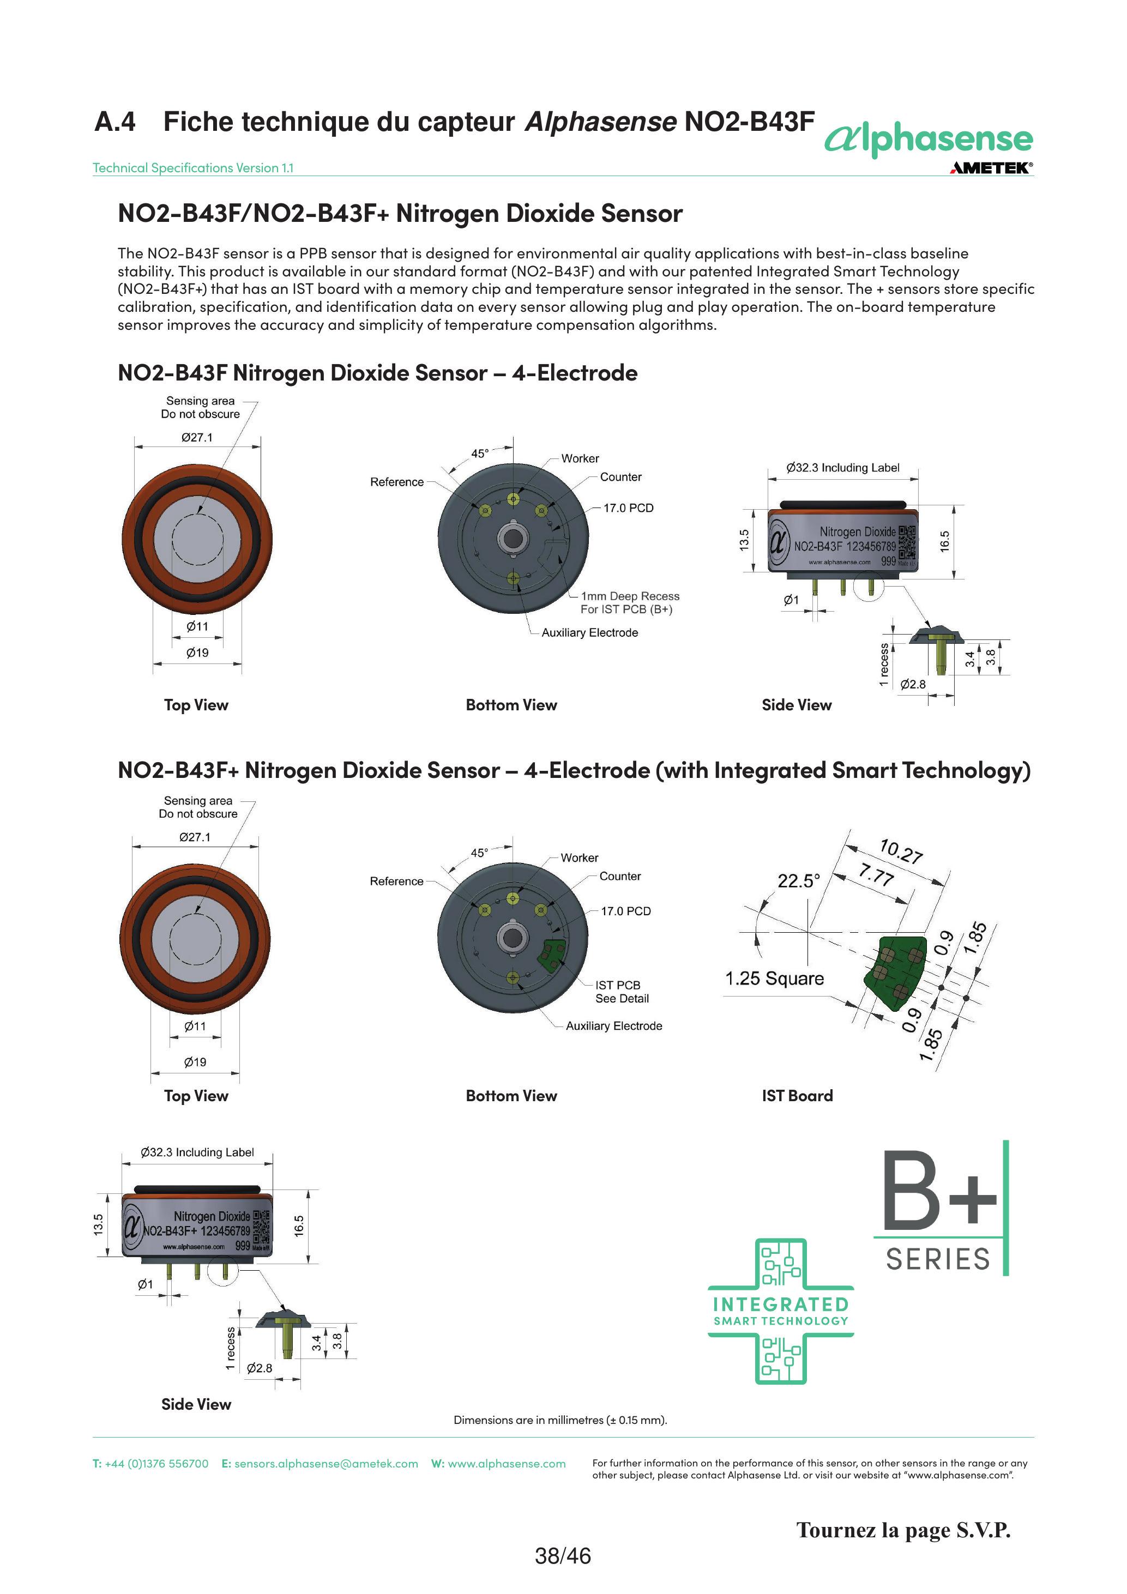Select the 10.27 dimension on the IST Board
click(901, 851)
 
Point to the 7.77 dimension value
click(876, 875)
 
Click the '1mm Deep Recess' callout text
click(630, 596)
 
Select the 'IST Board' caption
click(797, 1096)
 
